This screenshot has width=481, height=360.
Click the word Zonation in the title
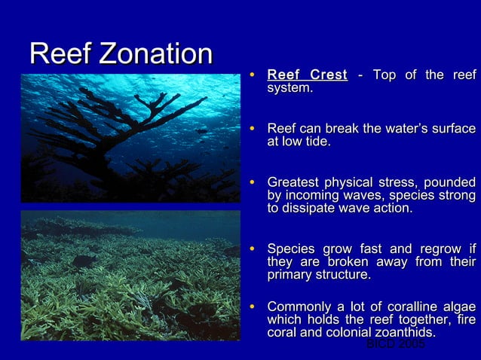[x=156, y=53]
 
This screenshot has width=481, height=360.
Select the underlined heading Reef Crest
[x=307, y=75]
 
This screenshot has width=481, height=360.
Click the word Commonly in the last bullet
[x=300, y=307]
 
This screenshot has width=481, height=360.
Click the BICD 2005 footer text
[x=395, y=344]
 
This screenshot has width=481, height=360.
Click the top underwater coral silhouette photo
[x=130, y=138]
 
